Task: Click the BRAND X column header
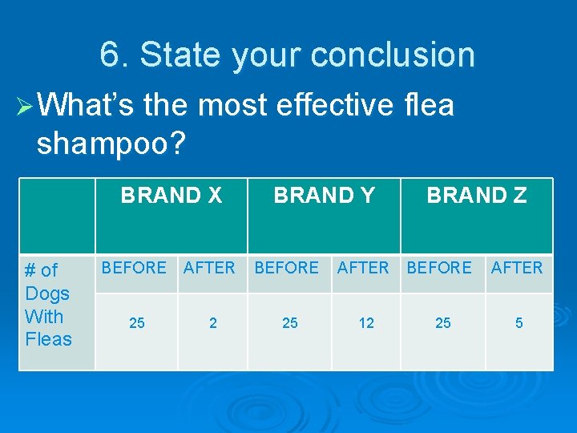[171, 196]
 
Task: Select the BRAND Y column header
[324, 196]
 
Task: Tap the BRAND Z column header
[476, 196]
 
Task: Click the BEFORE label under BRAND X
[134, 268]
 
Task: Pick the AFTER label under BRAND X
[209, 268]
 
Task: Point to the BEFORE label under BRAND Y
[286, 268]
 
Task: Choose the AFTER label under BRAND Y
[363, 268]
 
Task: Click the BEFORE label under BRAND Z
[439, 268]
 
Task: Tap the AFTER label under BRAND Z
[517, 268]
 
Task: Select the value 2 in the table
[212, 323]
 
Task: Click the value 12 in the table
[366, 323]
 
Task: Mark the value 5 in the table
[519, 323]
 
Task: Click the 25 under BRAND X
[137, 323]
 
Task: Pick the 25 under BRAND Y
[290, 323]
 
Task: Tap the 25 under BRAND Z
[442, 323]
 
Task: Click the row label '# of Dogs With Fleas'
[48, 305]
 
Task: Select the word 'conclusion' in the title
[393, 55]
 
